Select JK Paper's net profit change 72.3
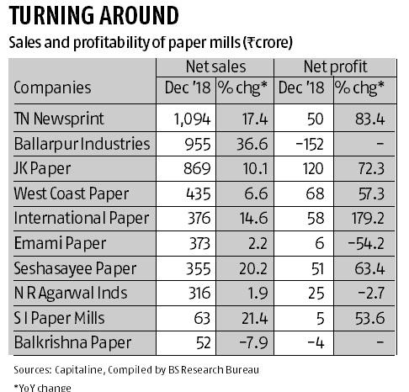click(367, 169)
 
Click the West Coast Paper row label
click(72, 193)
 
